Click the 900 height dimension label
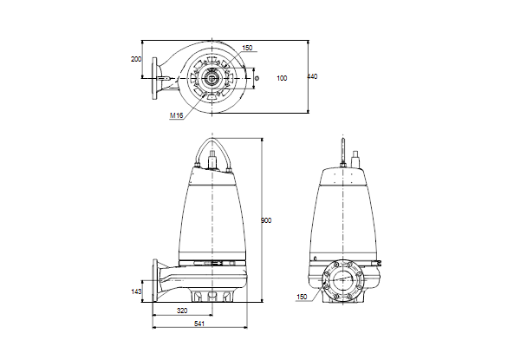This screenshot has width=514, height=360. pyautogui.click(x=266, y=220)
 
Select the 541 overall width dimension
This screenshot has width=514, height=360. pyautogui.click(x=199, y=324)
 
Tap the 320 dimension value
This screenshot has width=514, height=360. pyautogui.click(x=182, y=311)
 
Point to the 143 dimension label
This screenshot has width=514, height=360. pyautogui.click(x=136, y=291)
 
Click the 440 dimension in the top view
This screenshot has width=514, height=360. pyautogui.click(x=312, y=76)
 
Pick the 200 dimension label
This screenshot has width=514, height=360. pyautogui.click(x=136, y=59)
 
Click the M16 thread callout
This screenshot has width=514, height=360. pyautogui.click(x=176, y=115)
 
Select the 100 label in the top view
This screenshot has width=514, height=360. pyautogui.click(x=282, y=78)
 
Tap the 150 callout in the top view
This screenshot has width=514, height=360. pyautogui.click(x=247, y=48)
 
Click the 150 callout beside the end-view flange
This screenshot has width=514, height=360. pyautogui.click(x=302, y=297)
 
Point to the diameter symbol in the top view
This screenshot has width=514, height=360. pyautogui.click(x=257, y=78)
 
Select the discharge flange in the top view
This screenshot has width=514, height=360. pyautogui.click(x=154, y=78)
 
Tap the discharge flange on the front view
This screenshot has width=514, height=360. pyautogui.click(x=155, y=280)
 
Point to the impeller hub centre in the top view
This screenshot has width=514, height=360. pyautogui.click(x=212, y=78)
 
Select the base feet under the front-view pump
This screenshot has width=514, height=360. pyautogui.click(x=212, y=295)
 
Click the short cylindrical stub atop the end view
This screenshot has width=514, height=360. pyautogui.click(x=355, y=159)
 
